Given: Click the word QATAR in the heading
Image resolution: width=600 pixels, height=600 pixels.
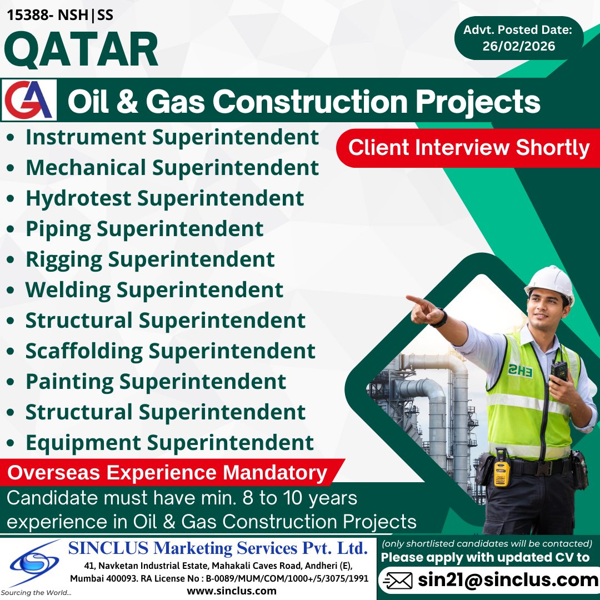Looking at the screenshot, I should pyautogui.click(x=81, y=50).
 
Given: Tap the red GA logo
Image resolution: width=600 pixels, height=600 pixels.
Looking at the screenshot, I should pyautogui.click(x=29, y=101).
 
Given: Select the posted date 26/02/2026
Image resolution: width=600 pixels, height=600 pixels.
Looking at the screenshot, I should pyautogui.click(x=518, y=46).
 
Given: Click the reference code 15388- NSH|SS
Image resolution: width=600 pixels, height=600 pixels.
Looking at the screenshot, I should pyautogui.click(x=60, y=15).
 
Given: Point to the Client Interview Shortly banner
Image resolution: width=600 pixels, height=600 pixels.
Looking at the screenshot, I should pyautogui.click(x=468, y=148).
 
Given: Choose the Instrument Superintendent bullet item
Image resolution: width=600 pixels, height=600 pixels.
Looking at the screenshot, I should pyautogui.click(x=172, y=137).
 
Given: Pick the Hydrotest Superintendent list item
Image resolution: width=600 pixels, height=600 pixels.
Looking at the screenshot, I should pyautogui.click(x=164, y=198).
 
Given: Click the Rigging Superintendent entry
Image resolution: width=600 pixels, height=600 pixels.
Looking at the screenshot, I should pyautogui.click(x=150, y=259).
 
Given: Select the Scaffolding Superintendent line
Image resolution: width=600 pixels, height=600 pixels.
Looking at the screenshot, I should pyautogui.click(x=170, y=351).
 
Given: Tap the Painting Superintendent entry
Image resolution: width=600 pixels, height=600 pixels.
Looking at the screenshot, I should pyautogui.click(x=156, y=382).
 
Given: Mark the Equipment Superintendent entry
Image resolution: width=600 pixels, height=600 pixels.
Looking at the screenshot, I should pyautogui.click(x=169, y=443).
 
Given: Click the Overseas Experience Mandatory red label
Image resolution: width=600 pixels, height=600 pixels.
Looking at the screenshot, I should pyautogui.click(x=167, y=473).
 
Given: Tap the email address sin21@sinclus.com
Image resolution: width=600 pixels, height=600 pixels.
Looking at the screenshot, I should pyautogui.click(x=508, y=581).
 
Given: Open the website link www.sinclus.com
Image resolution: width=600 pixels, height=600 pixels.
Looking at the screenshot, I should pyautogui.click(x=232, y=591).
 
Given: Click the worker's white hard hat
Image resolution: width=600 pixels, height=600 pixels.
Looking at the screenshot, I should pyautogui.click(x=549, y=281).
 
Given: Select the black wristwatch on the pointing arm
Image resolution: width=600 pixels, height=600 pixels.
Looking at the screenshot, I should pyautogui.click(x=441, y=318).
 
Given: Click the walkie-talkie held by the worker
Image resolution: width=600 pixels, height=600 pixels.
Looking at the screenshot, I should pyautogui.click(x=558, y=371).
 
